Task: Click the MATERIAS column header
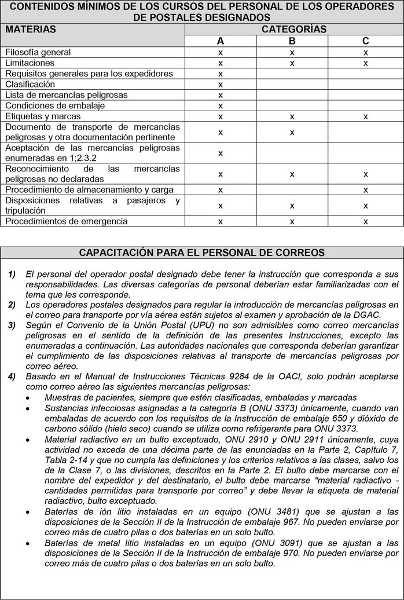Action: pos(31,29)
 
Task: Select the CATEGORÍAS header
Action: pos(294,29)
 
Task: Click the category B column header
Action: pos(292,41)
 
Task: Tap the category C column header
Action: pos(365,41)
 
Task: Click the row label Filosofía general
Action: pos(38,52)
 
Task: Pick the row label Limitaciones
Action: pos(30,63)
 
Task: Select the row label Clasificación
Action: pos(30,84)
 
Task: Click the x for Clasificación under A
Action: pos(221,84)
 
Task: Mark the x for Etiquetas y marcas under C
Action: pos(365,116)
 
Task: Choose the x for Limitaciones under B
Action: pos(292,63)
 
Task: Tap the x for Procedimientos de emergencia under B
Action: pos(292,221)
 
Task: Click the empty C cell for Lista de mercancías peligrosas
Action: pos(365,94)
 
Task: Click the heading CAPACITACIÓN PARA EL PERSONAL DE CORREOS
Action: pos(201,253)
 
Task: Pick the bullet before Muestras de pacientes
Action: pos(30,397)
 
